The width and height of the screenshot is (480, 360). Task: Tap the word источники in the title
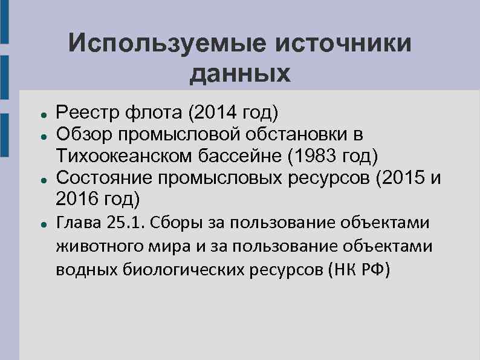(x=340, y=44)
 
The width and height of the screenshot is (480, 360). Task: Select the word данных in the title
(x=241, y=74)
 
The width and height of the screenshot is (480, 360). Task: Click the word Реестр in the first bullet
(x=84, y=112)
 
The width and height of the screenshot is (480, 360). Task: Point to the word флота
(x=148, y=112)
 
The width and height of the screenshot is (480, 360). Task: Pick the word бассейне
(x=244, y=155)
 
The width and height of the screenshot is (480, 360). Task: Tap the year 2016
(x=76, y=198)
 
